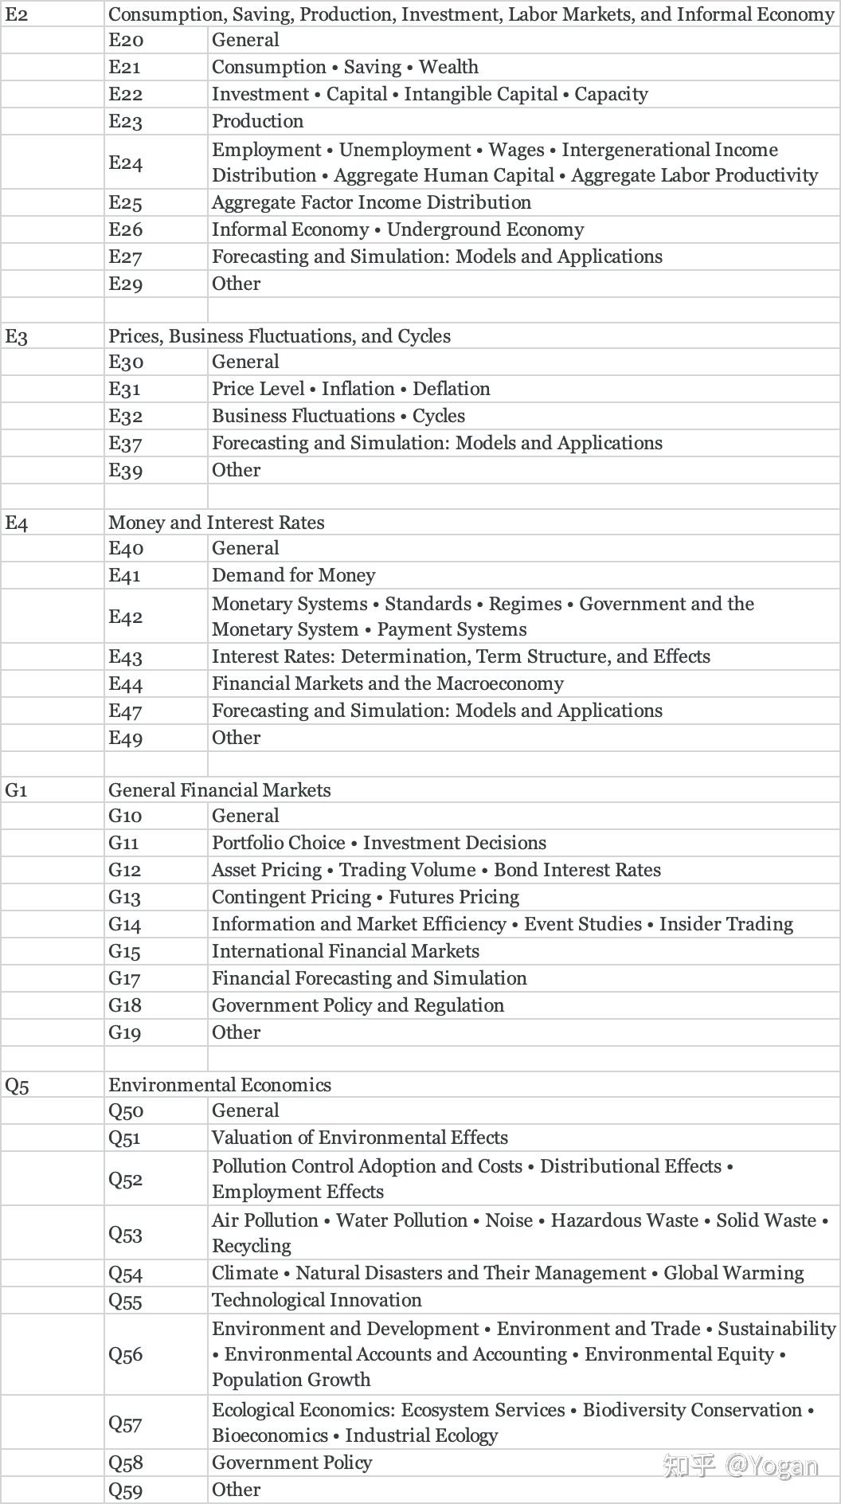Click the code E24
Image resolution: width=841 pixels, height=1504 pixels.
point(126,163)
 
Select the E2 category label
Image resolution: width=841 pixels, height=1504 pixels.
point(17,14)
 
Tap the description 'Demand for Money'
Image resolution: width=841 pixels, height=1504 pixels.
point(293,575)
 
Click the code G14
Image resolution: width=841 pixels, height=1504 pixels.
point(125,924)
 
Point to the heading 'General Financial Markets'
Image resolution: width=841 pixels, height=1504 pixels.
point(220,790)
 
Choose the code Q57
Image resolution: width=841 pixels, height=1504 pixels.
point(126,1423)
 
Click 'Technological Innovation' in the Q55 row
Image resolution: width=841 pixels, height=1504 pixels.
point(316,1300)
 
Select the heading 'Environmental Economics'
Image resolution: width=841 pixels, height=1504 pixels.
point(220,1085)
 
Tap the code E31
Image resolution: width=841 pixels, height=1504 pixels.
point(125,389)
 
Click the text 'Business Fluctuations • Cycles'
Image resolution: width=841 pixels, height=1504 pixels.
point(338,416)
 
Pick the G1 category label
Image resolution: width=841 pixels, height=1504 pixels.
point(17,790)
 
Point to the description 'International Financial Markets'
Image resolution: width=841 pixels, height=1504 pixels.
point(346,951)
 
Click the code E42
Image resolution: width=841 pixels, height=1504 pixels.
point(126,617)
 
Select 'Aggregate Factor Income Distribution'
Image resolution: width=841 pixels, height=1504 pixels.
point(371,202)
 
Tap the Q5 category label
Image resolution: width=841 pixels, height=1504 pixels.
point(18,1085)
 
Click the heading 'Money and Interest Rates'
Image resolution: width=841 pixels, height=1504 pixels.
point(217,523)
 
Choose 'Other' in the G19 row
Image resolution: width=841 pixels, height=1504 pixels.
point(236,1032)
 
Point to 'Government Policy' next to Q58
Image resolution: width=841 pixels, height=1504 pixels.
point(291,1463)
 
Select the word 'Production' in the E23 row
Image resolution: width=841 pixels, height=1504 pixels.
point(257,121)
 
